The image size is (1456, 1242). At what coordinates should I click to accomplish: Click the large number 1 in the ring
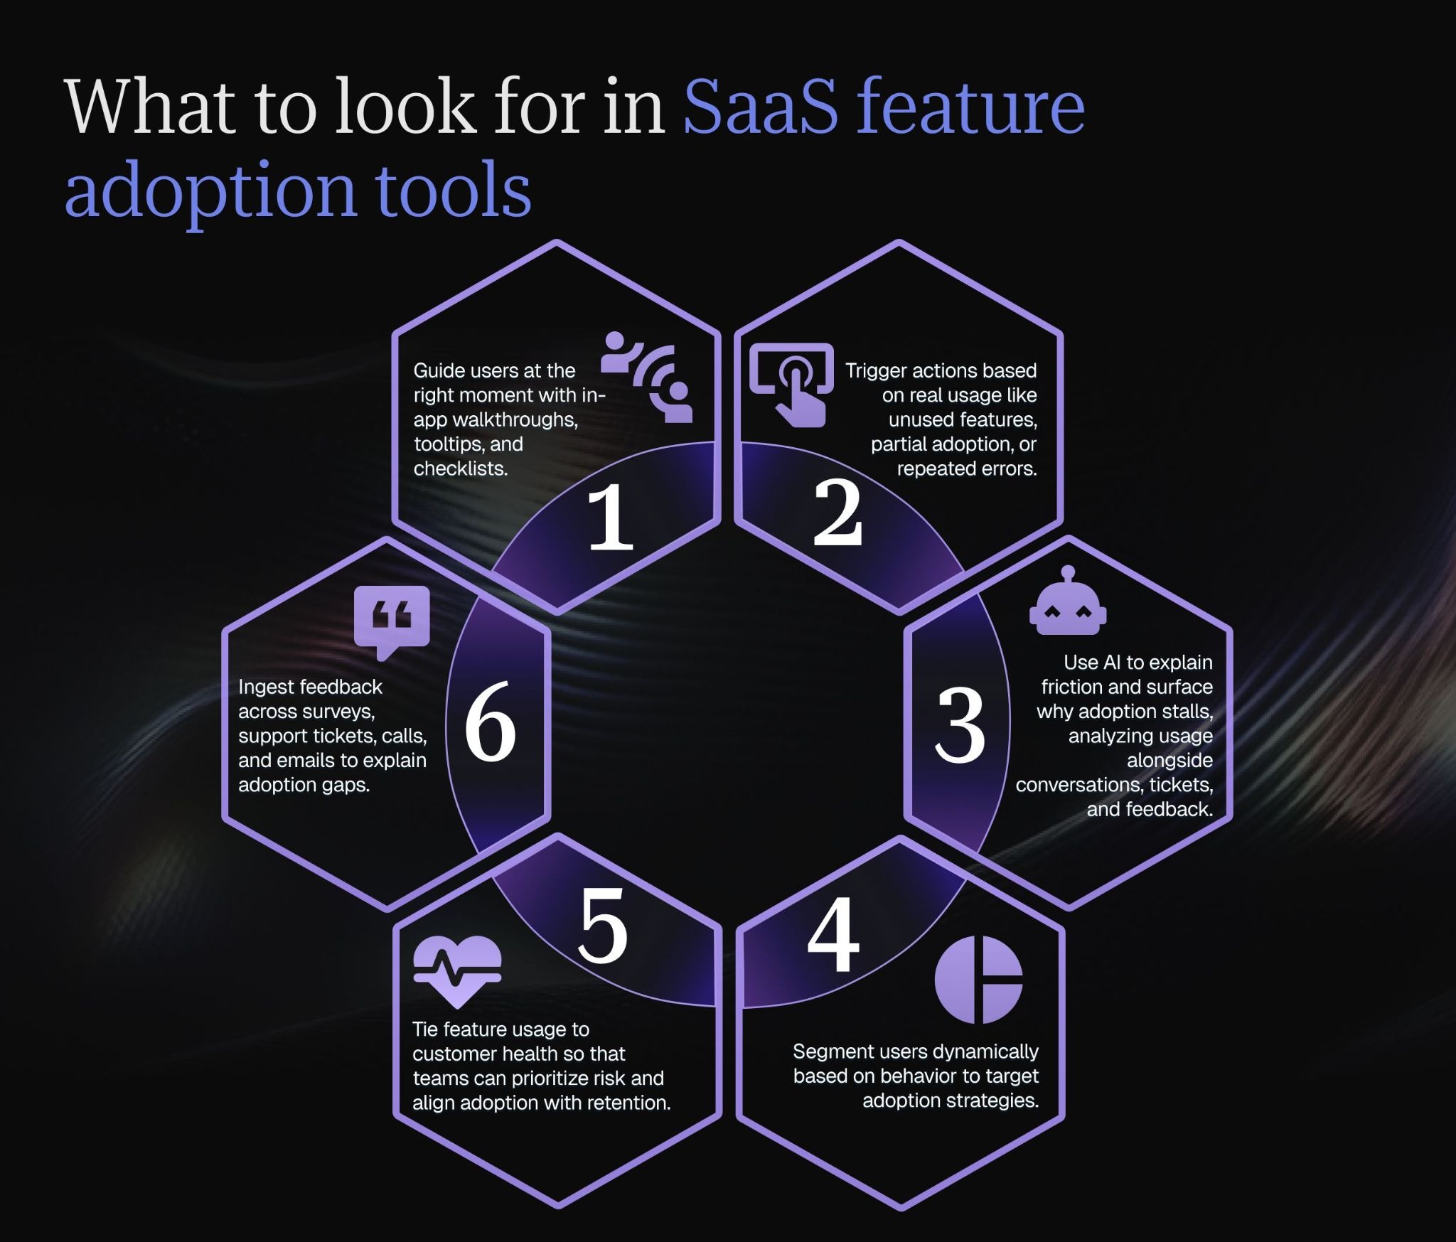tap(610, 518)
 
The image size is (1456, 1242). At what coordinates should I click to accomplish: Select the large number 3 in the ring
tap(960, 725)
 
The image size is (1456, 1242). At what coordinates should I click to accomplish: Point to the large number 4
tap(833, 933)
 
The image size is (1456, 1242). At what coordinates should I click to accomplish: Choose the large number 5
tap(603, 926)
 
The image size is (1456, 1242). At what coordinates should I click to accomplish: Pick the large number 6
tap(491, 721)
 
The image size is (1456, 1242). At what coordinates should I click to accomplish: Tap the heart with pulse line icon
tap(457, 971)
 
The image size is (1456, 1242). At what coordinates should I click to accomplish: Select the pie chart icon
tap(978, 980)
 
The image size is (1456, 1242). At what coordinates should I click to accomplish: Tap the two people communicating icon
tap(646, 378)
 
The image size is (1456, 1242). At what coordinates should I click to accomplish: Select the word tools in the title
tap(453, 190)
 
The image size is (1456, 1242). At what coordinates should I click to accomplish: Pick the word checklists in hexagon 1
tap(461, 469)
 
